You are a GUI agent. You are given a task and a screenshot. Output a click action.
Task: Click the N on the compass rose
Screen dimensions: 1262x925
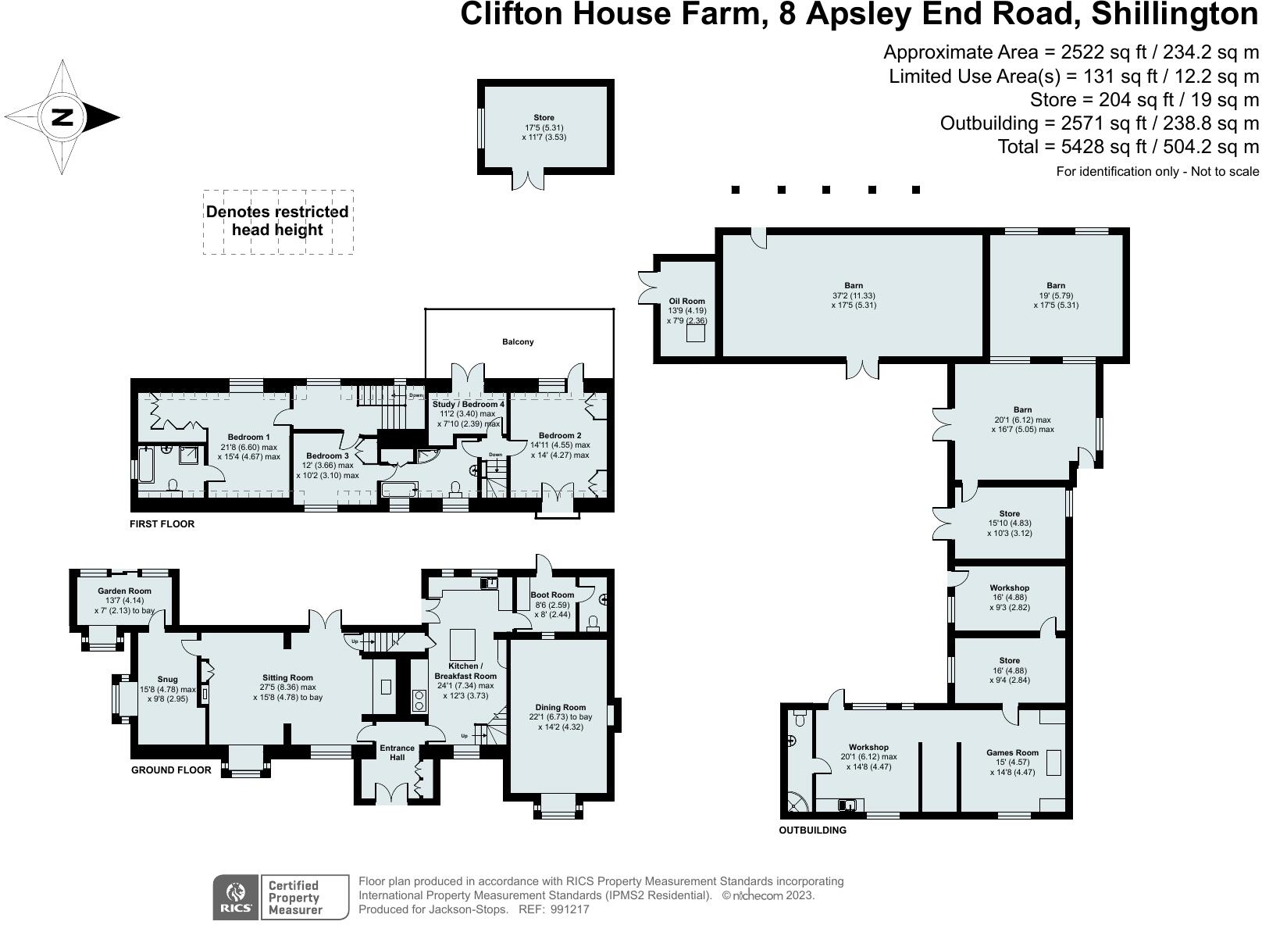tap(62, 118)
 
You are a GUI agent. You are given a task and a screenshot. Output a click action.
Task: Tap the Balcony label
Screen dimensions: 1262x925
tap(518, 341)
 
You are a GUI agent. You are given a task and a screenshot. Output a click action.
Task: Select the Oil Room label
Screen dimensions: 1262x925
tap(686, 301)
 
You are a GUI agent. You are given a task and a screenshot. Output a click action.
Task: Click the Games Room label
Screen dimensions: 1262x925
tap(1012, 752)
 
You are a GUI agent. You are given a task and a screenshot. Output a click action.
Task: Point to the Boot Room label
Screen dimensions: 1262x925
tap(552, 595)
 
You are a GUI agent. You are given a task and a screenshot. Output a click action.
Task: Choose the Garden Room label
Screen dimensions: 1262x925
tap(124, 591)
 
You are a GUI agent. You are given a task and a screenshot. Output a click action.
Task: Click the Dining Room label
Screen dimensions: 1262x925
tap(561, 707)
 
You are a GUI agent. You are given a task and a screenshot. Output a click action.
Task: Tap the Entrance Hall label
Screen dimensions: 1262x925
tap(397, 752)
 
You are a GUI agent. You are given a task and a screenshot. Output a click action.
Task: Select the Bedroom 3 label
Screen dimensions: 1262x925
tap(327, 455)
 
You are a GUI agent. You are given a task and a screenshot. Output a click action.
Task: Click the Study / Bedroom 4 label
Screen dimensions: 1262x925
tap(469, 404)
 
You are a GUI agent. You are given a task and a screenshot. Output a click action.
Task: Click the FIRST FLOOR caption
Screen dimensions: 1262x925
tap(162, 523)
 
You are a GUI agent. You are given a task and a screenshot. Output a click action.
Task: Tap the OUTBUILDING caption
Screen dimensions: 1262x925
tap(812, 830)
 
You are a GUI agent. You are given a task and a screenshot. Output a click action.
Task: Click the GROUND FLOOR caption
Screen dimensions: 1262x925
tap(171, 770)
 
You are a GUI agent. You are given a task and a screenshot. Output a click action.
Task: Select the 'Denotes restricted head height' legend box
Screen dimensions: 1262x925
tap(278, 222)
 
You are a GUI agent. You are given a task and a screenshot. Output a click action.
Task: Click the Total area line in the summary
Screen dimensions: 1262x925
tap(1128, 147)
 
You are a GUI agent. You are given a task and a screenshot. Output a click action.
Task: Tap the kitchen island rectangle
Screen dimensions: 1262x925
tap(462, 645)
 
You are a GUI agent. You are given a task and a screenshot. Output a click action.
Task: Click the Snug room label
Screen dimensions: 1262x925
tap(167, 679)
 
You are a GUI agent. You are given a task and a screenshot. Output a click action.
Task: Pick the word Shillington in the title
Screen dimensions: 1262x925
tap(1175, 14)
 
